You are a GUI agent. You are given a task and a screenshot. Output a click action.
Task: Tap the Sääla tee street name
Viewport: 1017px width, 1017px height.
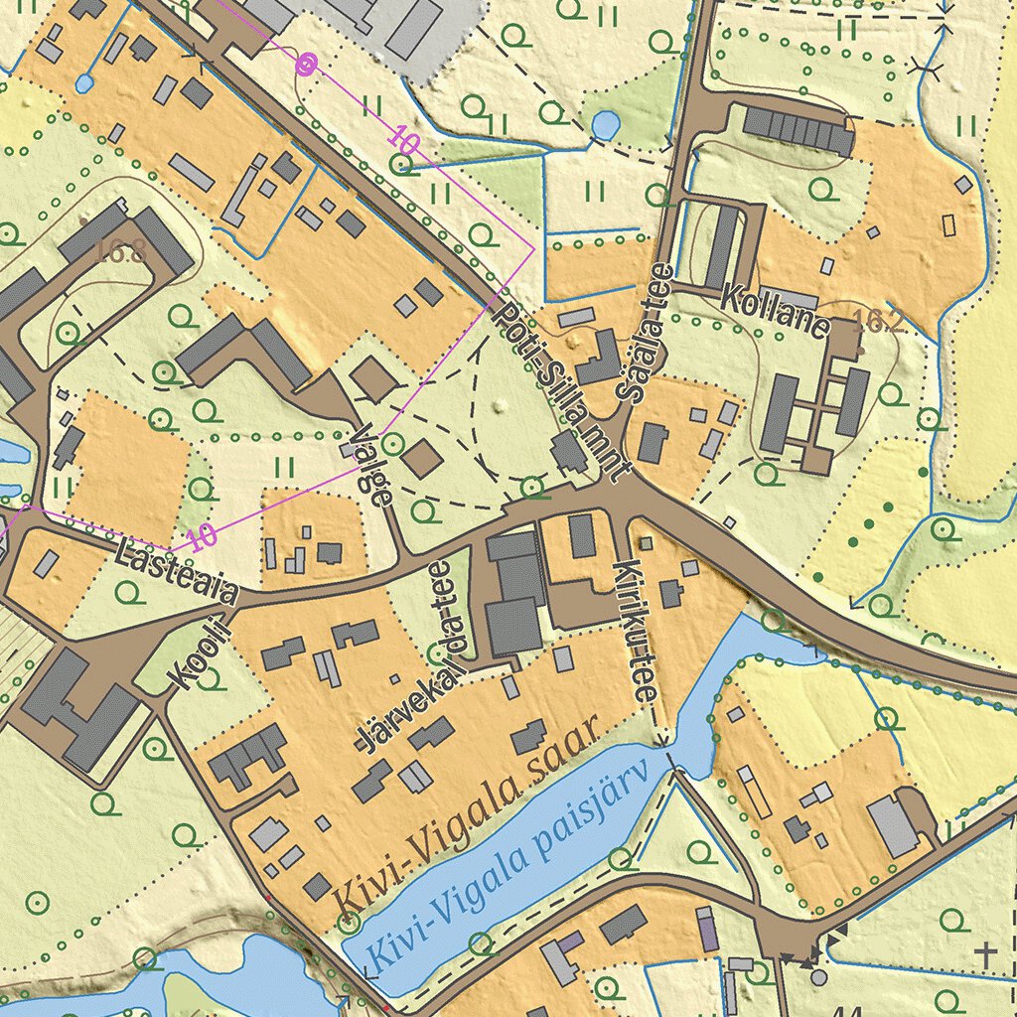[x=645, y=333]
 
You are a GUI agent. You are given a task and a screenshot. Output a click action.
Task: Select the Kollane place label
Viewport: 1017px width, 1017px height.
[x=776, y=311]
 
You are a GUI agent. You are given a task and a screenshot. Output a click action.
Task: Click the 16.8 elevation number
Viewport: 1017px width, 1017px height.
[x=122, y=252]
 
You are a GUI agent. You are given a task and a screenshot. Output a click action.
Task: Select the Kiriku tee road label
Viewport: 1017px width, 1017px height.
[x=637, y=632]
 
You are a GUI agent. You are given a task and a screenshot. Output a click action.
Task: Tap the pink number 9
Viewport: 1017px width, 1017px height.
[x=305, y=66]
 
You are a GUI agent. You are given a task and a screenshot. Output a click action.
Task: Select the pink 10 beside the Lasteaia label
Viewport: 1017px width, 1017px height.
[x=202, y=537]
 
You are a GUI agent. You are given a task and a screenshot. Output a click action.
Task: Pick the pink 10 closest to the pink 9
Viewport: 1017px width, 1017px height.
[x=402, y=141]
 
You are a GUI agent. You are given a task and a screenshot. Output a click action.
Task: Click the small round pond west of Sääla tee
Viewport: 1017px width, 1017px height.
[x=604, y=125]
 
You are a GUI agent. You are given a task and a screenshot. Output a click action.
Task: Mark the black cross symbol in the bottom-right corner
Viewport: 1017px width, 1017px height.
[x=985, y=954]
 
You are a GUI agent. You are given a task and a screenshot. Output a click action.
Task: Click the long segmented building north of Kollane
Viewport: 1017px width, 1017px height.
[x=799, y=130]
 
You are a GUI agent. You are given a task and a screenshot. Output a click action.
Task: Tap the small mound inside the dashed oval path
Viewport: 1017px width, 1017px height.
[x=500, y=403]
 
